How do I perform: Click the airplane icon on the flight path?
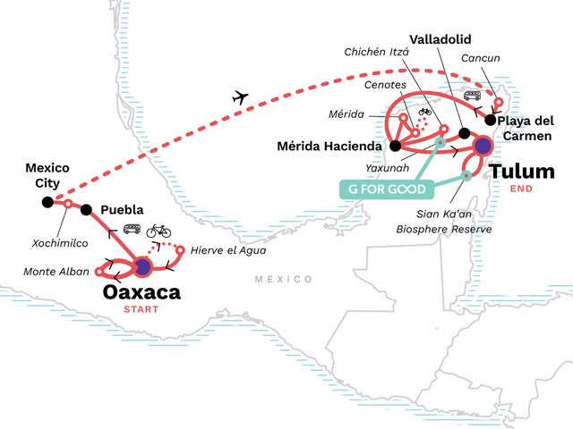[239, 97]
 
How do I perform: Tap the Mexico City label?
[47, 175]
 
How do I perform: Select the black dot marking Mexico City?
[47, 202]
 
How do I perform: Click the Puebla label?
[122, 211]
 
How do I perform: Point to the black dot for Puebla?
[87, 210]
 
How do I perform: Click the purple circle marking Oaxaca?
[141, 266]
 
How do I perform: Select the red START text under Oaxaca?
[141, 310]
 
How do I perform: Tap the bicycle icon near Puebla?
[158, 231]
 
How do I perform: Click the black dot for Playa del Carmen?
[491, 119]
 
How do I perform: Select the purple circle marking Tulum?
[483, 146]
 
